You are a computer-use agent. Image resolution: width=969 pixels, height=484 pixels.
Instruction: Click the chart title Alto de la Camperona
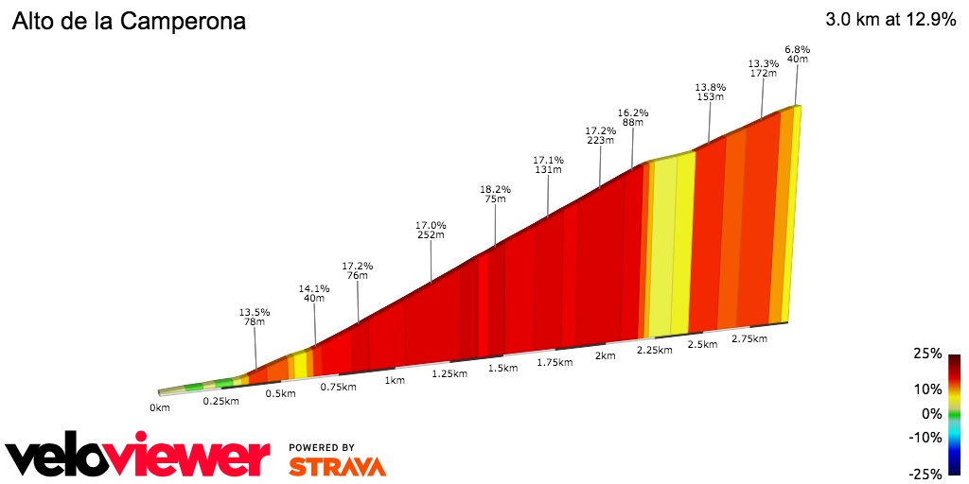point(129,22)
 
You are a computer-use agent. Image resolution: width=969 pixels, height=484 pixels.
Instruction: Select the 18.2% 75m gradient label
point(495,194)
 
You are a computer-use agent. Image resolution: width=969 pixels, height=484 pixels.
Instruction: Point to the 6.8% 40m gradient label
point(798,54)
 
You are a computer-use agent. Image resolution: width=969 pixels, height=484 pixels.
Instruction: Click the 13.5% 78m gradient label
point(255,317)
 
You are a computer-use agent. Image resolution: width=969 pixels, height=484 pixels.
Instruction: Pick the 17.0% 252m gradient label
point(431,230)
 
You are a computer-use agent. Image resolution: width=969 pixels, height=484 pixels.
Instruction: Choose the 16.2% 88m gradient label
point(633,116)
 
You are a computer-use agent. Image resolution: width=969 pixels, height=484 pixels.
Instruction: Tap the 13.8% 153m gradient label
point(710,91)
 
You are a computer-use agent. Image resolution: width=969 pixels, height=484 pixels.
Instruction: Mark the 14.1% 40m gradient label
point(314,293)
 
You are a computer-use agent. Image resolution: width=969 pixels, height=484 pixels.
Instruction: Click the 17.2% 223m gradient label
point(600,135)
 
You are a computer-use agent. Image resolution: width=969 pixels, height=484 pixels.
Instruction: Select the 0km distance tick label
point(159,407)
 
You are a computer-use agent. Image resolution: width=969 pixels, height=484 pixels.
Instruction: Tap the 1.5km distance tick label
point(502,367)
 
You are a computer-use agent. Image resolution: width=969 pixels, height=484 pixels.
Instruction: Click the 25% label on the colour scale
point(928,354)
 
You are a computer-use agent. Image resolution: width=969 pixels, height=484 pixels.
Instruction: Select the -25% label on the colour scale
point(925,474)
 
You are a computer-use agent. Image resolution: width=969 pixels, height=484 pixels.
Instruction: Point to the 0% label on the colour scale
point(932,413)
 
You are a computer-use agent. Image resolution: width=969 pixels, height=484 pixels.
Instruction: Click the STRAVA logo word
point(337,466)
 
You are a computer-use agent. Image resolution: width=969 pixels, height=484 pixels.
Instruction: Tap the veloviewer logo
point(137,458)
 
